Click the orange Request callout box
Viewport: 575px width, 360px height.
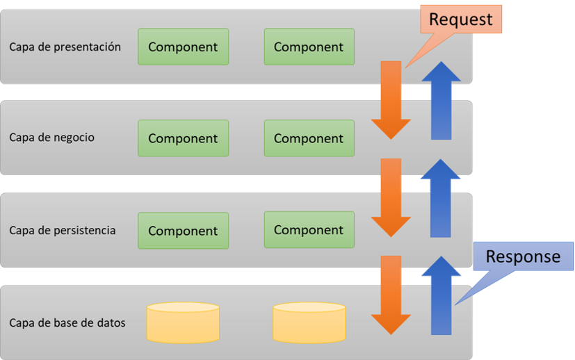[461, 19]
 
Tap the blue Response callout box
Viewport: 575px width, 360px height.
[523, 256]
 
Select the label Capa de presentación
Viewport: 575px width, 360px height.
[65, 47]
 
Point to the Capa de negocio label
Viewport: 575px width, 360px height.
[51, 137]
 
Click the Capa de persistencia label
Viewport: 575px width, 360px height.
[63, 230]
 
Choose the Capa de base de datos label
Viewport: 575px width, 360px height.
[67, 322]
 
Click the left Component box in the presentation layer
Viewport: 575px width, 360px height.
[184, 47]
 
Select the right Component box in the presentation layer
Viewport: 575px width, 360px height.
[309, 47]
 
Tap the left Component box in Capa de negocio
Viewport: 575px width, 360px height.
[184, 138]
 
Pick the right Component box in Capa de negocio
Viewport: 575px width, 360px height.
[309, 138]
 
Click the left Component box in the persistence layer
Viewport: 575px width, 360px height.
[184, 231]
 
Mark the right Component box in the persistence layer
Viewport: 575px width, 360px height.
[309, 229]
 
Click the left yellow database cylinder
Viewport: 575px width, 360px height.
[183, 322]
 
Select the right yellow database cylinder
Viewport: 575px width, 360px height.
[309, 322]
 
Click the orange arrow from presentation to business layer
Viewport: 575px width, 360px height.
[391, 100]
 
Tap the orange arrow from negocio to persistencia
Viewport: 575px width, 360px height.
[391, 197]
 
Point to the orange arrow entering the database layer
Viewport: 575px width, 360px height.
[391, 295]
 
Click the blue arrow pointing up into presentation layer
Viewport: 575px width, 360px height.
[441, 100]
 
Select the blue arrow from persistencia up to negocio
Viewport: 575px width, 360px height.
[440, 197]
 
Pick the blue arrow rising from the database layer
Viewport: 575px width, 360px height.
[441, 295]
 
